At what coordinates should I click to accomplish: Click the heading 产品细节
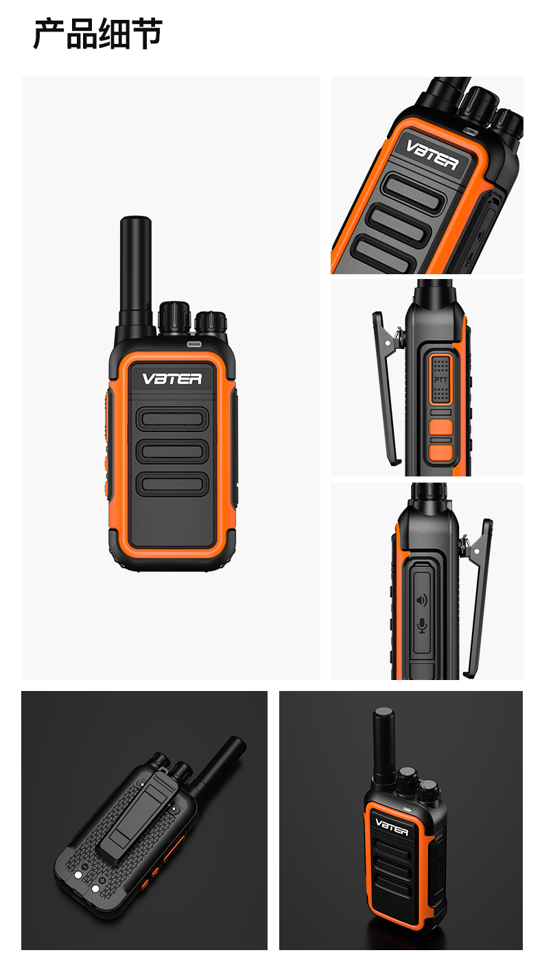click(98, 34)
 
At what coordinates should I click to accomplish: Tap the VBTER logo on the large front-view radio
click(172, 379)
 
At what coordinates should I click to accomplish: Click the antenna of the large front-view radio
click(136, 273)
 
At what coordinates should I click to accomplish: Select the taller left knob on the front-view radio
click(174, 317)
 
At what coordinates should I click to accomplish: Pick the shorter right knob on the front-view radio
click(211, 323)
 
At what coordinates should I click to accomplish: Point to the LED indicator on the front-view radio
click(194, 344)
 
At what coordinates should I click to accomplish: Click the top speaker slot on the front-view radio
click(172, 419)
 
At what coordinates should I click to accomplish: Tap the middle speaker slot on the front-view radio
click(172, 451)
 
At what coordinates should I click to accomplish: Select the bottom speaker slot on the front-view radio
click(172, 484)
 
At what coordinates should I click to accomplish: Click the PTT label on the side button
click(440, 380)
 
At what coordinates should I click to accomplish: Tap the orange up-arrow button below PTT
click(441, 426)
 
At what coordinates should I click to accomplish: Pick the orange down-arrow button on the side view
click(441, 452)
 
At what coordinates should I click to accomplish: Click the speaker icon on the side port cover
click(421, 600)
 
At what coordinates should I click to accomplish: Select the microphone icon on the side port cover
click(422, 625)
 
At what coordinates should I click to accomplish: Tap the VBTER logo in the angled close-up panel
click(432, 155)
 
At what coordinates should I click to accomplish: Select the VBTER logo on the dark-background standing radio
click(392, 827)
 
